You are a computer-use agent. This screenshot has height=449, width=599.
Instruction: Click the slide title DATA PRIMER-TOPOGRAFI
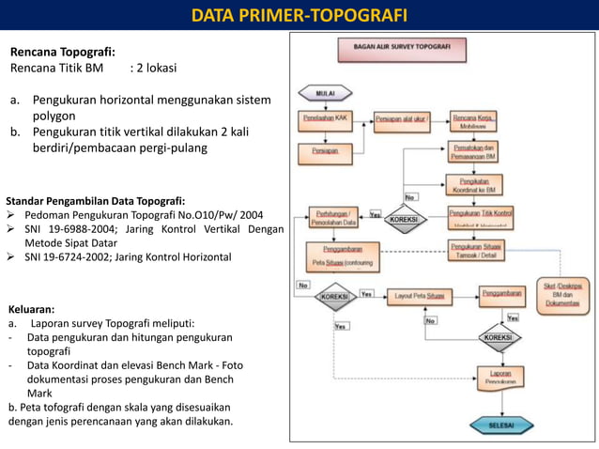click(299, 15)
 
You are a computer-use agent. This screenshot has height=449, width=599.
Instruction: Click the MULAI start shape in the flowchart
click(324, 92)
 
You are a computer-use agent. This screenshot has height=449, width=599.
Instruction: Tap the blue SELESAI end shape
click(499, 426)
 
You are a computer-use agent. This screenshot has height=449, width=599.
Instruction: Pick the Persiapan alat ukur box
click(402, 120)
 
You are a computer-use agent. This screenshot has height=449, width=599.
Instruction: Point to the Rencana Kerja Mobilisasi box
click(475, 120)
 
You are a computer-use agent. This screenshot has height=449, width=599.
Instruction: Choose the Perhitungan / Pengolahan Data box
click(335, 218)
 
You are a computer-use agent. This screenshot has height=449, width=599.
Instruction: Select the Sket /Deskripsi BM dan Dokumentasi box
click(562, 294)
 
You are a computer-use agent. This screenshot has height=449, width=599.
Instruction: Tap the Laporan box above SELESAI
click(499, 378)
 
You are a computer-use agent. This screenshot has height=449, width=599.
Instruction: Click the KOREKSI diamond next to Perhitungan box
click(403, 218)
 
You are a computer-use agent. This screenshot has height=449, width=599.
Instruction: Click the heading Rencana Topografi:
click(62, 52)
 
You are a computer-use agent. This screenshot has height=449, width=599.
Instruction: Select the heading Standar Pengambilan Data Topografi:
click(95, 200)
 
